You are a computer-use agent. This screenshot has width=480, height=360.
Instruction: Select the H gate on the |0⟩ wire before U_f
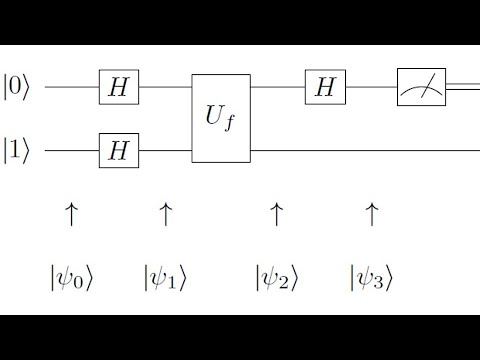tap(119, 88)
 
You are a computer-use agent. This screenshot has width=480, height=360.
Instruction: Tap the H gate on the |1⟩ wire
tap(119, 152)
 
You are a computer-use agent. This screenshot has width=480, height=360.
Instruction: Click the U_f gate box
tap(221, 120)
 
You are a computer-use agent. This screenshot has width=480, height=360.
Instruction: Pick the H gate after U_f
tap(324, 88)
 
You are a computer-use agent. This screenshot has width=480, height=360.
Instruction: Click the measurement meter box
tap(421, 88)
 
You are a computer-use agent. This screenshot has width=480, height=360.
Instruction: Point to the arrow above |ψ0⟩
tap(71, 213)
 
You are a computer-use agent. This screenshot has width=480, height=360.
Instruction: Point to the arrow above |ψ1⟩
tap(166, 213)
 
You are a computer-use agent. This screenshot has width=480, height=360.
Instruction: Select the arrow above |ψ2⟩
tap(277, 213)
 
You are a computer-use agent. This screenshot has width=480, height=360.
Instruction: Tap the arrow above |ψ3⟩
tap(372, 213)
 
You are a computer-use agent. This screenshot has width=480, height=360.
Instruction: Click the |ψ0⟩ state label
tap(71, 276)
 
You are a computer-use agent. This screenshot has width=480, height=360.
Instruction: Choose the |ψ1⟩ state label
tap(166, 276)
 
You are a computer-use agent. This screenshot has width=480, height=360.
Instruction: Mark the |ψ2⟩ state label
tap(277, 276)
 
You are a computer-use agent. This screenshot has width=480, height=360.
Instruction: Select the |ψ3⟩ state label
tap(372, 276)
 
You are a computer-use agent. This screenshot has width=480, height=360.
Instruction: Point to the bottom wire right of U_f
tap(360, 152)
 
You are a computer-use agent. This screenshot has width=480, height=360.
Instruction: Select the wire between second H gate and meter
tap(370, 88)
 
